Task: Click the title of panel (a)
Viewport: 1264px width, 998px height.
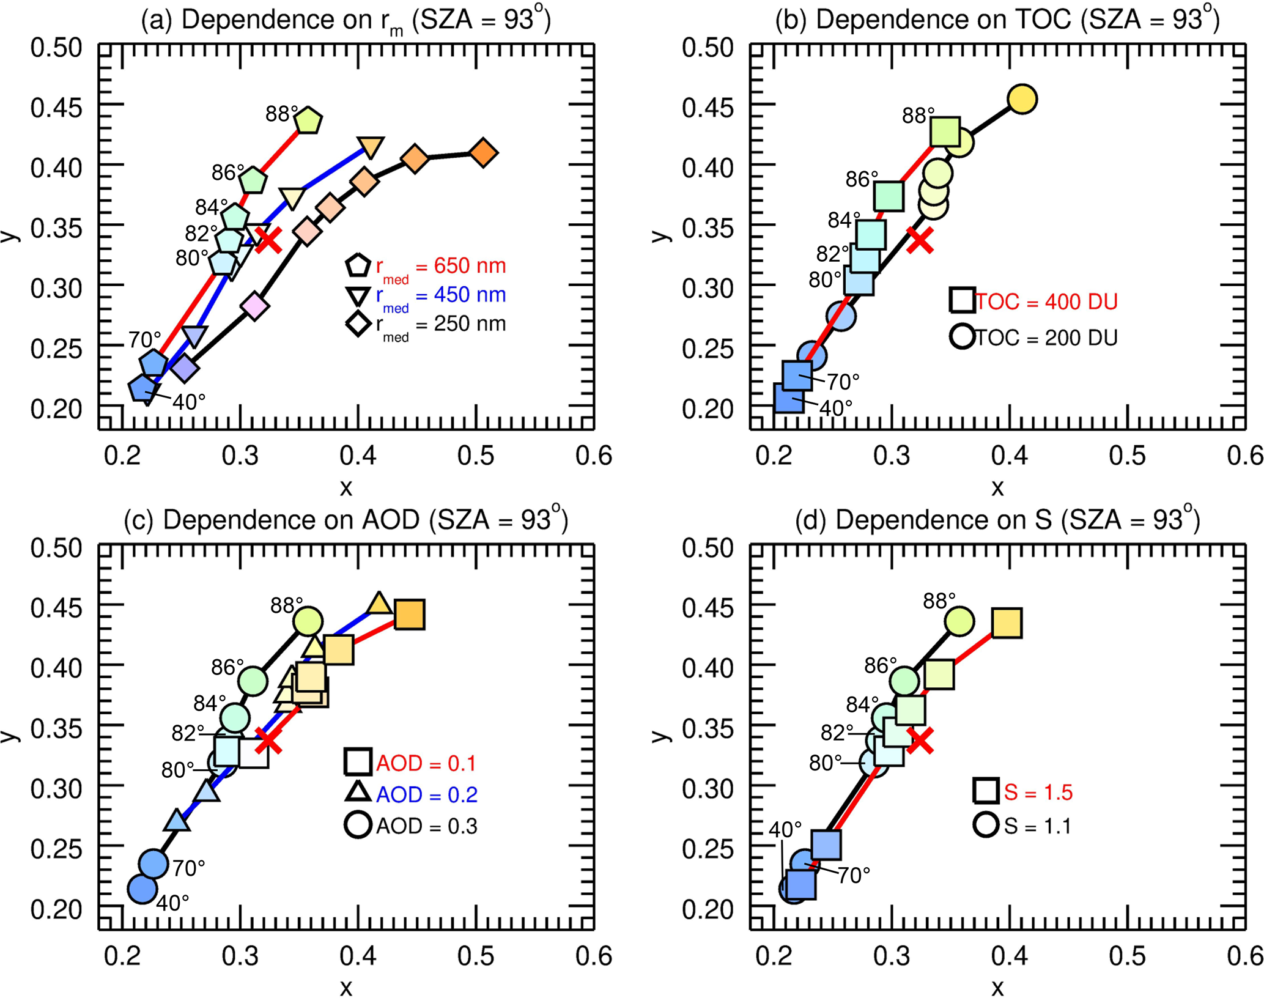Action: point(346,21)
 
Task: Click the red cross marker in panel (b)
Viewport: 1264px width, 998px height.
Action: point(920,239)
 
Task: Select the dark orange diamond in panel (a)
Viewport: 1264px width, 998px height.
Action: point(484,153)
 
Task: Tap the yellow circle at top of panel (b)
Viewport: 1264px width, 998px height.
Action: point(1022,99)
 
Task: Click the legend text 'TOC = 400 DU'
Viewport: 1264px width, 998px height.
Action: point(1046,302)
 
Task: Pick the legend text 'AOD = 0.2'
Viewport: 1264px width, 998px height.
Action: point(426,795)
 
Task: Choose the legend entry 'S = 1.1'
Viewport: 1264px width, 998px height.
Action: point(1037,826)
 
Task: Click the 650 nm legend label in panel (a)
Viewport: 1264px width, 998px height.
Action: point(440,267)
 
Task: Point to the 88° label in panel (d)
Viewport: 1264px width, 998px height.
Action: point(939,601)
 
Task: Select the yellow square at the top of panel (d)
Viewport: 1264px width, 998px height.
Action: point(1007,623)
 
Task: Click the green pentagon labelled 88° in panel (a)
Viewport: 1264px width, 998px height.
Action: point(308,120)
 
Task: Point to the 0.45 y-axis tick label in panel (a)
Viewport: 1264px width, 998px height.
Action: point(56,108)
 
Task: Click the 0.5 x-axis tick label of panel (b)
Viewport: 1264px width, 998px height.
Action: point(1127,456)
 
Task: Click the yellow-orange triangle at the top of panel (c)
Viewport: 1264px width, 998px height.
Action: point(379,603)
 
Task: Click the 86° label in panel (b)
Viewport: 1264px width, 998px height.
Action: point(862,179)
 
